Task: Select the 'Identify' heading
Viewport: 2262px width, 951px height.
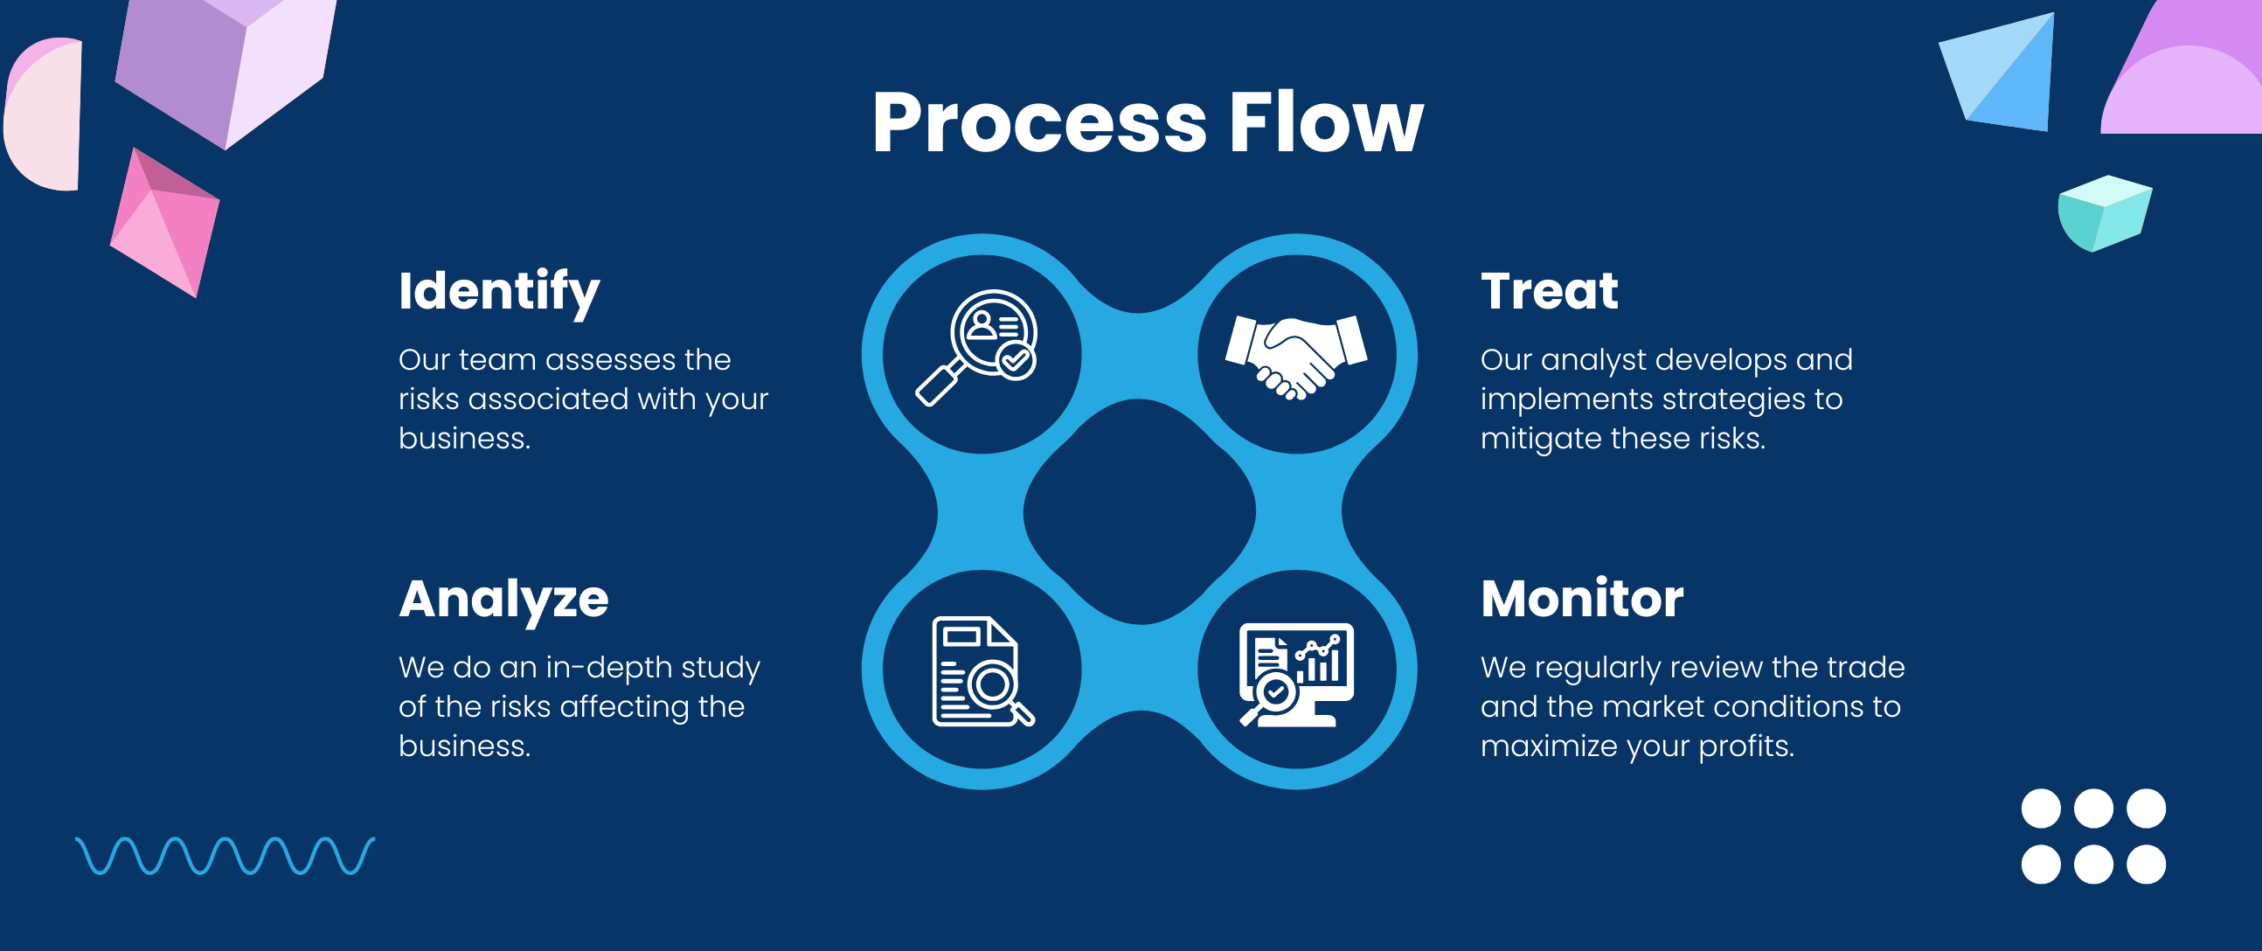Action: (499, 292)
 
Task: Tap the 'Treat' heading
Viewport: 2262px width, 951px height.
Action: (1549, 292)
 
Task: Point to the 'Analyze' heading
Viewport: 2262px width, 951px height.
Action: (503, 599)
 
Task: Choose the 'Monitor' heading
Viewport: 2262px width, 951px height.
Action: (1581, 599)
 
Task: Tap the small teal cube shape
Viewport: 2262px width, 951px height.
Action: (2104, 212)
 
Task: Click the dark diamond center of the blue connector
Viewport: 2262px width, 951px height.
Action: (1139, 512)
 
